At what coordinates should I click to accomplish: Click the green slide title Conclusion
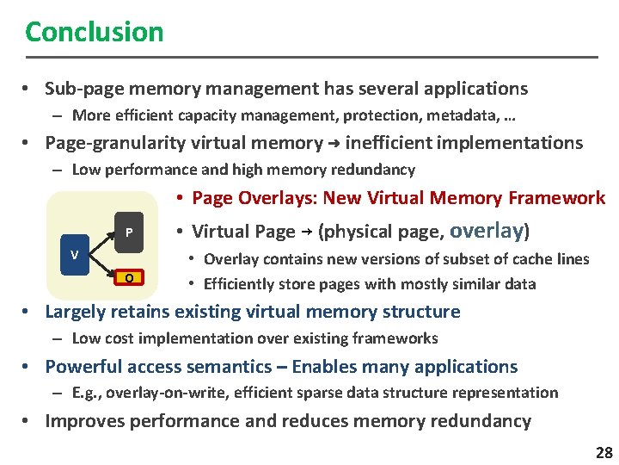94,32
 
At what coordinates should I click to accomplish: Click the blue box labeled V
75,256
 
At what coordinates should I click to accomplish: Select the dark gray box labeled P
128,232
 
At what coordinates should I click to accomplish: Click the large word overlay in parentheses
487,230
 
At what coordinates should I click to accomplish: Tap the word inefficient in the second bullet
401,143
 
